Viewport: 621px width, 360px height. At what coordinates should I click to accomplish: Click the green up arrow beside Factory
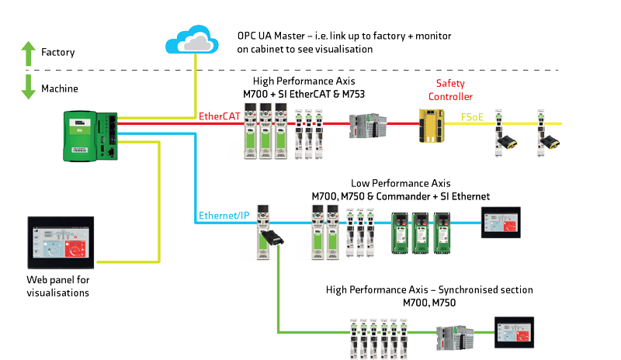28,52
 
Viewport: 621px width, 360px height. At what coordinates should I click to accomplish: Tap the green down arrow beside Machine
28,86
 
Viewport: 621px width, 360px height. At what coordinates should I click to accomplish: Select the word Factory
58,53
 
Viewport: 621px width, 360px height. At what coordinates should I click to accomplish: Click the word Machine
60,88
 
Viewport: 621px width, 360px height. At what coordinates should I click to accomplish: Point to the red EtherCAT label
219,117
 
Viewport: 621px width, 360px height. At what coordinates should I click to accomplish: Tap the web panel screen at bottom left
57,242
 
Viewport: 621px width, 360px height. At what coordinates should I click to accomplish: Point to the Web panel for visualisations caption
58,286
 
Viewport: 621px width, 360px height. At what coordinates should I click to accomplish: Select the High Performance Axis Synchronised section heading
429,295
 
